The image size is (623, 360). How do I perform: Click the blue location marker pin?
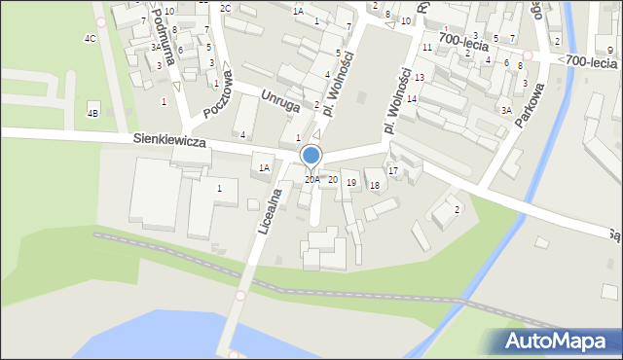(x=311, y=156)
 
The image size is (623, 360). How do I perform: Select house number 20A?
(x=311, y=179)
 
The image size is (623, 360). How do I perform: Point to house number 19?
(x=350, y=183)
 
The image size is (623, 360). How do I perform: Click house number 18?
(x=374, y=185)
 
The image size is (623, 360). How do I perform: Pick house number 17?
(x=392, y=171)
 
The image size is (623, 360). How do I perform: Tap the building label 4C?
(x=90, y=39)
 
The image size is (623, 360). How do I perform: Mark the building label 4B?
(x=93, y=113)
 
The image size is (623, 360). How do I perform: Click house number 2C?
(x=225, y=8)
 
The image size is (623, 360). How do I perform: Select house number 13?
(x=419, y=77)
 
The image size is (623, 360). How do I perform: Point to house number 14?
(x=412, y=99)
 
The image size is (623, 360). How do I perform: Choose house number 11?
(x=426, y=47)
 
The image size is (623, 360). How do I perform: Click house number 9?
(x=609, y=50)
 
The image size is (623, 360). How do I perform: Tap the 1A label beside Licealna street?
(x=264, y=167)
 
